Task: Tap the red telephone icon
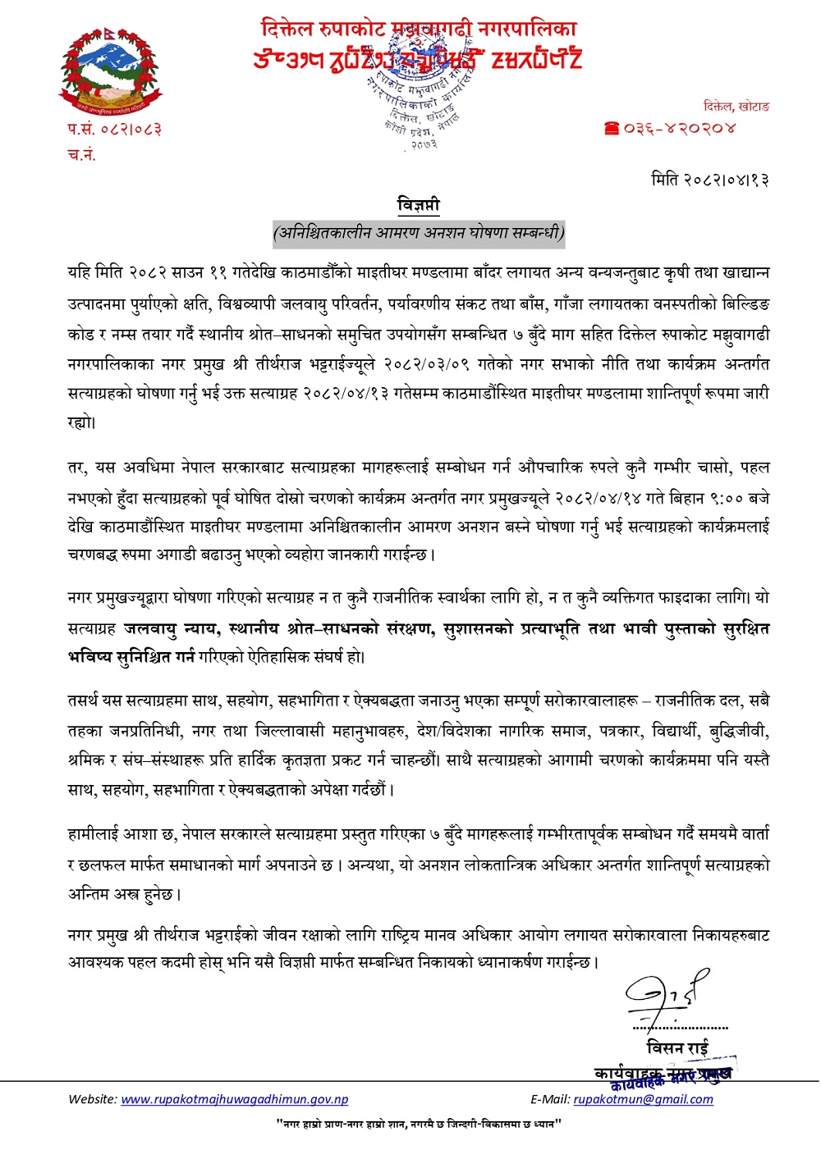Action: click(x=611, y=128)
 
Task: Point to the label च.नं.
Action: click(x=81, y=154)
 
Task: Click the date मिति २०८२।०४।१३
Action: click(x=709, y=179)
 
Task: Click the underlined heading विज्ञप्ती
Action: click(x=419, y=204)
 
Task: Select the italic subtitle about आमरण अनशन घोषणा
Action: click(x=419, y=232)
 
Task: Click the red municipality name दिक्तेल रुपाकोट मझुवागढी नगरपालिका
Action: click(x=419, y=30)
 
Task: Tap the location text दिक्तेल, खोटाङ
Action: click(x=736, y=106)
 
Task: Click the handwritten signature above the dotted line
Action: click(x=667, y=995)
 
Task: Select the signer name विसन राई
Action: click(x=677, y=1047)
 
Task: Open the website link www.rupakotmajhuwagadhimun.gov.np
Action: click(x=235, y=1099)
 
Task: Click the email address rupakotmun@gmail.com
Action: click(x=643, y=1099)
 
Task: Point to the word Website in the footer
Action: click(x=93, y=1099)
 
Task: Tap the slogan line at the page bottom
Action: click(x=419, y=1124)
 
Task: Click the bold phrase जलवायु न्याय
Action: click(x=171, y=628)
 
